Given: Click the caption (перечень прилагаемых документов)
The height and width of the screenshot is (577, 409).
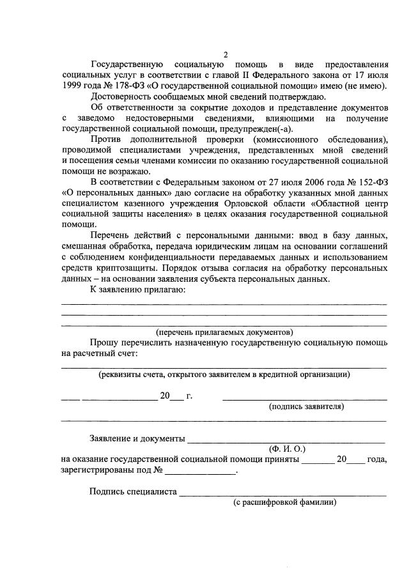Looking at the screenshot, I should [x=224, y=332].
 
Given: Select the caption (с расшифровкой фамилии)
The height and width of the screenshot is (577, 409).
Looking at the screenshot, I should [x=283, y=502].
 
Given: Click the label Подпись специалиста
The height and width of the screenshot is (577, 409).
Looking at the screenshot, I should [x=133, y=492].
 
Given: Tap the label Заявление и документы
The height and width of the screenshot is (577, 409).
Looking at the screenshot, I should [x=137, y=439].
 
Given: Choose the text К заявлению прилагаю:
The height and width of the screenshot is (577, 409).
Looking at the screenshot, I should [x=137, y=290].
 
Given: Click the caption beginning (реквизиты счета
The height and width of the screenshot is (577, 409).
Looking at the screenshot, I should [x=224, y=374].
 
